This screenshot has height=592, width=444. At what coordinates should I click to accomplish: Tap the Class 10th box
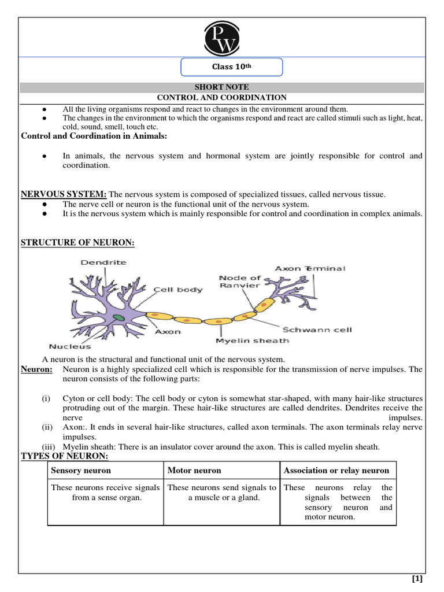(232, 67)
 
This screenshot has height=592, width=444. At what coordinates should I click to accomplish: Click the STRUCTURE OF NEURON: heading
(77, 243)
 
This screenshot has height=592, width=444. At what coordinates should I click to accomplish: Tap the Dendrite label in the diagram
(103, 262)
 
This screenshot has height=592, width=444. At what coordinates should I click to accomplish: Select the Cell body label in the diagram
(178, 289)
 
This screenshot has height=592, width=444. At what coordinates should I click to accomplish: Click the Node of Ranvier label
(240, 282)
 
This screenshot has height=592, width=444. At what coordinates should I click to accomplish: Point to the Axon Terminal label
(310, 268)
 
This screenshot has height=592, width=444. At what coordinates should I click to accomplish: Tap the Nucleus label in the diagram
(69, 347)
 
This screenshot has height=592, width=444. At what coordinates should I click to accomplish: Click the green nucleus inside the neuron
(118, 317)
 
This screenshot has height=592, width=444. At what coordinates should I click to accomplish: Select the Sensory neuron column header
(81, 471)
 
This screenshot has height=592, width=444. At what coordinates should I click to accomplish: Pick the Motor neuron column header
(194, 471)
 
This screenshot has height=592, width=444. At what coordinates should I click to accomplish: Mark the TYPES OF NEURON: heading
(64, 457)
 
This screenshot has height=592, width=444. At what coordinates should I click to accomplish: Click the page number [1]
(417, 579)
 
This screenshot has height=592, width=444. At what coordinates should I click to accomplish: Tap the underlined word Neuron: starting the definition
(36, 369)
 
